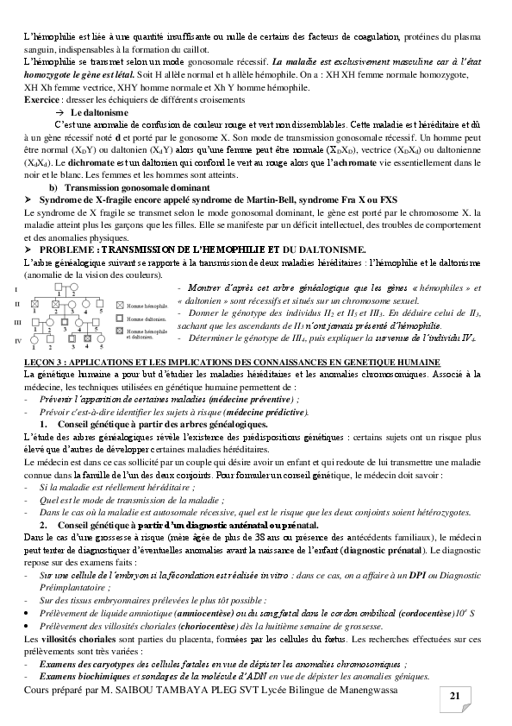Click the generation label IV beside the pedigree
coord(18,340)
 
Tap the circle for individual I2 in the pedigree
coord(73,287)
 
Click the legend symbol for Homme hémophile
coord(119,305)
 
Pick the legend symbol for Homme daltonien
coord(119,318)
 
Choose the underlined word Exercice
coord(41,100)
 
